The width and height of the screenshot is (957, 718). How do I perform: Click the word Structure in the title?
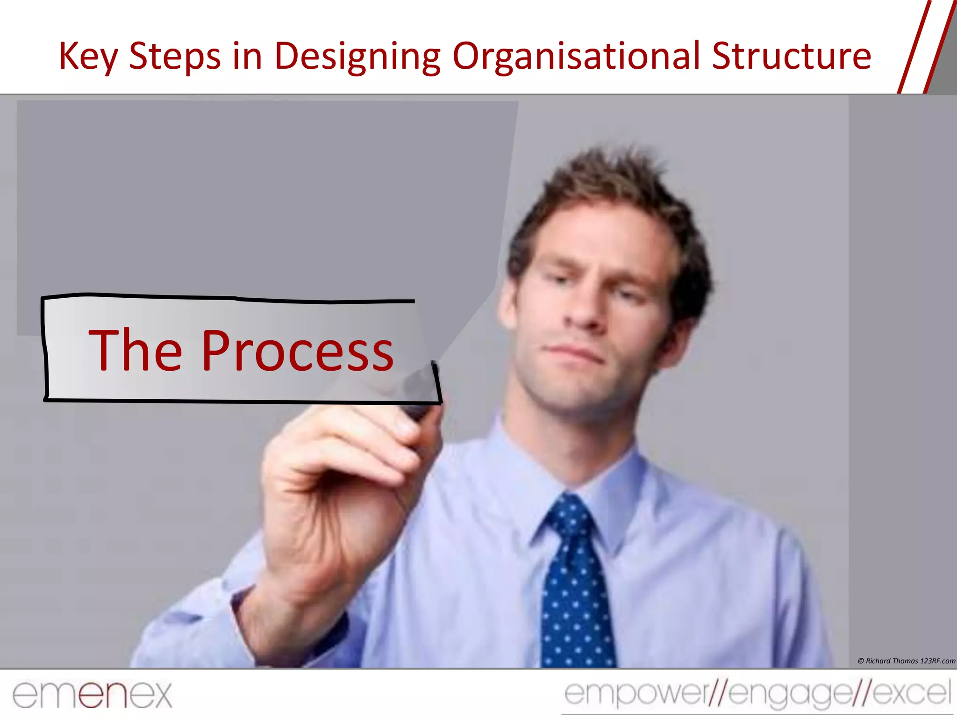coord(792,56)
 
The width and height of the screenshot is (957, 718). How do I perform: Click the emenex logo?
coord(92,695)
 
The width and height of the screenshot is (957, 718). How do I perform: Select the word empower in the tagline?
coord(636,694)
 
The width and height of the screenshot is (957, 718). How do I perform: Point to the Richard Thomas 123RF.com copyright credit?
coord(907,661)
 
